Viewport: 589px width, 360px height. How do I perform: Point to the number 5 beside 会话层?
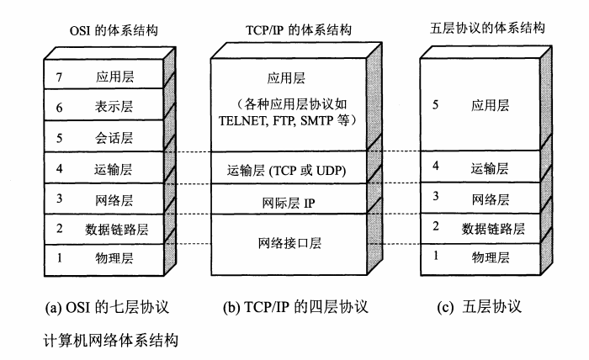[x=60, y=137]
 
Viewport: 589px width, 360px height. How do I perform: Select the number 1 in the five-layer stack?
[x=435, y=256]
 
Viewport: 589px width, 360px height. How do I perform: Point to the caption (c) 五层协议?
[x=480, y=306]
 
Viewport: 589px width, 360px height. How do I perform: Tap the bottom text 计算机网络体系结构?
[x=113, y=341]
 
